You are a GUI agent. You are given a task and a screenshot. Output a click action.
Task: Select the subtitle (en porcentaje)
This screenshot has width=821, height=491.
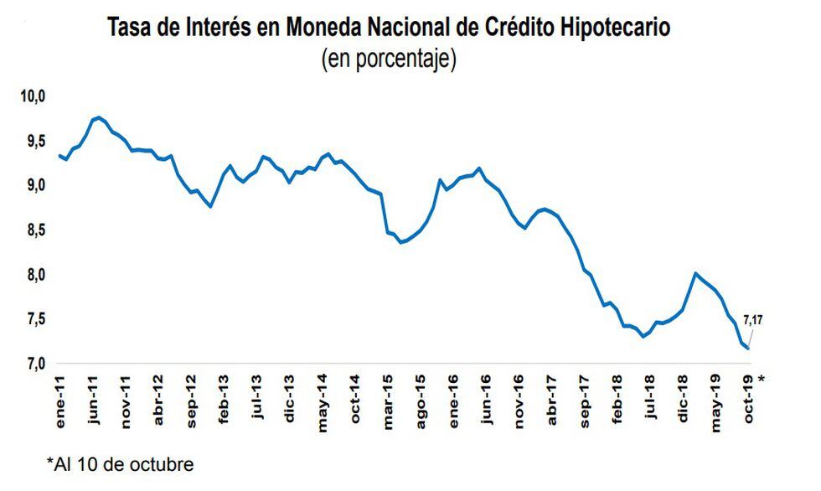389,60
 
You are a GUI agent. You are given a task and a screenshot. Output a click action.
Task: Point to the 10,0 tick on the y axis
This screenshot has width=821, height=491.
31,96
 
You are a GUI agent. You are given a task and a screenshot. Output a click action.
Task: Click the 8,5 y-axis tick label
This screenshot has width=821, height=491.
31,230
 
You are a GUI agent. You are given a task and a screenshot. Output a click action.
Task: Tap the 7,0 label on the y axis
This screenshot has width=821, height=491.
31,364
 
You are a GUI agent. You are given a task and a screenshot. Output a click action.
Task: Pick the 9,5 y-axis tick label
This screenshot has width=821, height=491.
31,141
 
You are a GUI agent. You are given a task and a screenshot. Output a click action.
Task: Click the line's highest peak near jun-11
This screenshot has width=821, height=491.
99,117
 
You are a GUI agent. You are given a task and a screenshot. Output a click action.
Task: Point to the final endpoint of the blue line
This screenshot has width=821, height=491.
748,348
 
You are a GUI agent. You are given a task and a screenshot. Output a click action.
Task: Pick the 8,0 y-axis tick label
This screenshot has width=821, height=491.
31,274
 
